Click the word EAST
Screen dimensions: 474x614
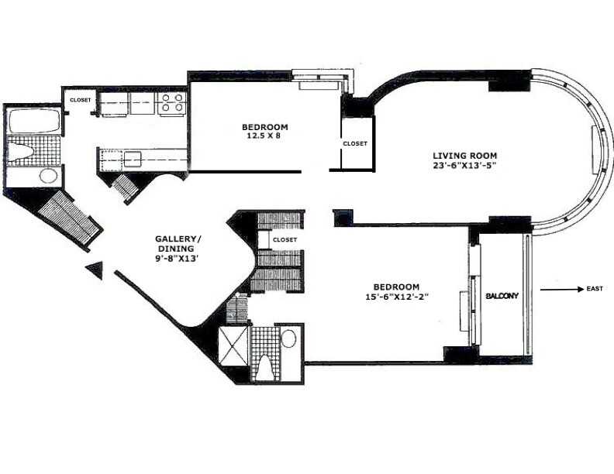tap(595, 289)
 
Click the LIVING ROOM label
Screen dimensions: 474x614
tap(465, 154)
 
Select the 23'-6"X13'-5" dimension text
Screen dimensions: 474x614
tap(465, 165)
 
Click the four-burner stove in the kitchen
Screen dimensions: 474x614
tap(172, 103)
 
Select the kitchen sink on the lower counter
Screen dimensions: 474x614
tap(133, 159)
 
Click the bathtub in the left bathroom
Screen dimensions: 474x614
tap(33, 120)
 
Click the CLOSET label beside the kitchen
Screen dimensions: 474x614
tap(81, 100)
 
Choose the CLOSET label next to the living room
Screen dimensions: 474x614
tap(355, 143)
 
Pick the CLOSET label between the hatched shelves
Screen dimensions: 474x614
tap(285, 240)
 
